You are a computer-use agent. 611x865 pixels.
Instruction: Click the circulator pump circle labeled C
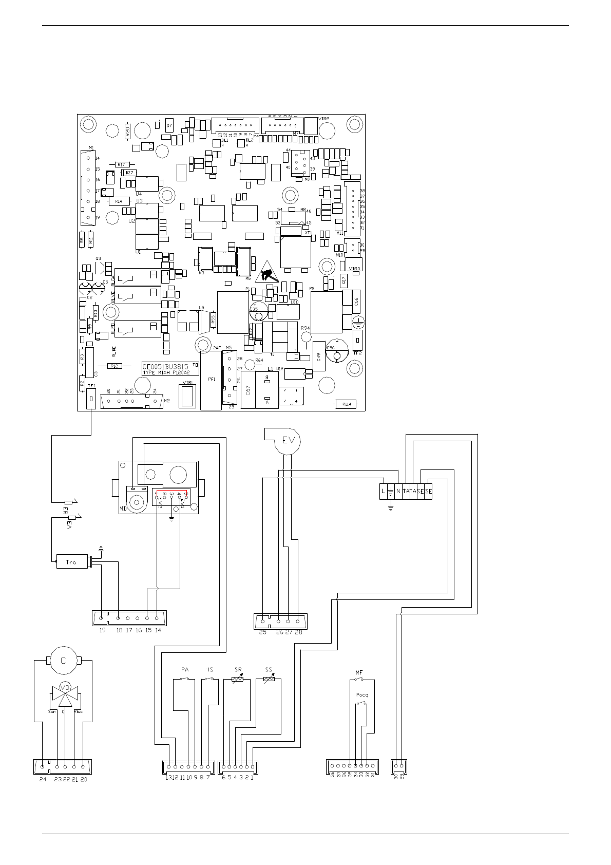pyautogui.click(x=64, y=661)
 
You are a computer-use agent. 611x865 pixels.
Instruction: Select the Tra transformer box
pyautogui.click(x=71, y=562)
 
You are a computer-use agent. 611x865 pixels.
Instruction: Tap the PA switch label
pyautogui.click(x=185, y=669)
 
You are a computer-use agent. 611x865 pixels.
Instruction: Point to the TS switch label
pyautogui.click(x=209, y=669)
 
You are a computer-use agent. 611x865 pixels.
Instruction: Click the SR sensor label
pyautogui.click(x=238, y=669)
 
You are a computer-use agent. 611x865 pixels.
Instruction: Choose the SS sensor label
pyautogui.click(x=268, y=669)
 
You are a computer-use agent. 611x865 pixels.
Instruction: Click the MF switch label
pyautogui.click(x=359, y=672)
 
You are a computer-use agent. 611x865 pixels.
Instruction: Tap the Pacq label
pyautogui.click(x=362, y=695)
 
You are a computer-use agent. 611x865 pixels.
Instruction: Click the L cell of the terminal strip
pyautogui.click(x=383, y=492)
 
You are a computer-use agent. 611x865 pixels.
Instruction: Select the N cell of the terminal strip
pyautogui.click(x=398, y=492)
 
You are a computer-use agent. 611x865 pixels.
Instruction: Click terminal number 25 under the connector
pyautogui.click(x=263, y=632)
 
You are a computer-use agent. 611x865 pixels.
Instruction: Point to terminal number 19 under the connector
pyautogui.click(x=102, y=630)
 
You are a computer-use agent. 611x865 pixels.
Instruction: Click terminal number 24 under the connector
pyautogui.click(x=43, y=779)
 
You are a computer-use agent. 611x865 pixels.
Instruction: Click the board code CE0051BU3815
pyautogui.click(x=166, y=366)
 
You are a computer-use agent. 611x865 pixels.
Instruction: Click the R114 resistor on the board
pyautogui.click(x=346, y=404)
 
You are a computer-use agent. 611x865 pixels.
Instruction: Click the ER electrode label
pyautogui.click(x=65, y=511)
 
